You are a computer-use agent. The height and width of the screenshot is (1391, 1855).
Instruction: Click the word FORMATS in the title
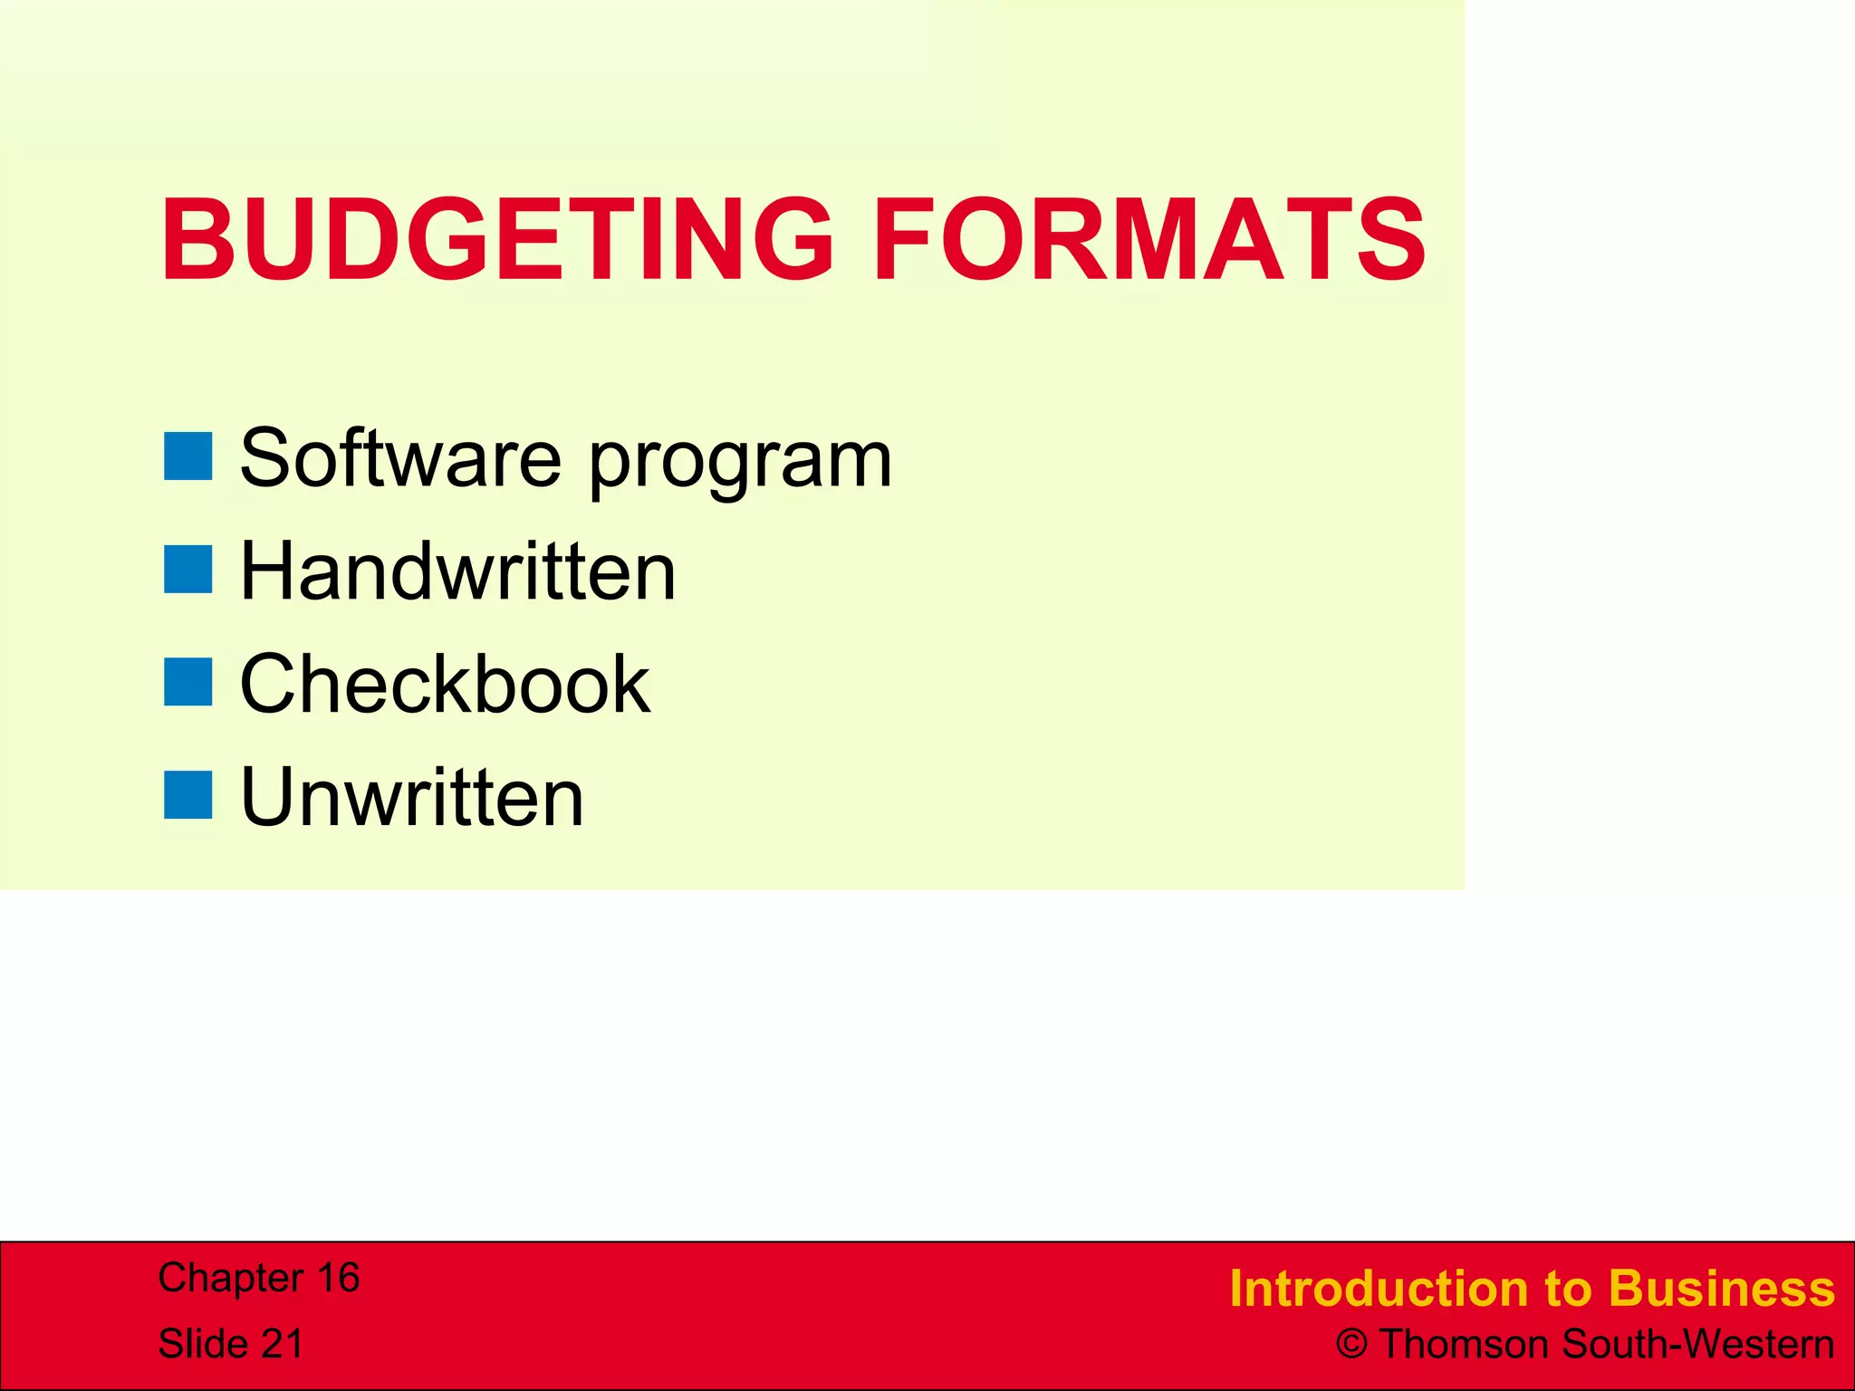pyautogui.click(x=1149, y=240)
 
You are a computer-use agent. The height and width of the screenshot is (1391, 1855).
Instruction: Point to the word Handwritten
pyautogui.click(x=457, y=571)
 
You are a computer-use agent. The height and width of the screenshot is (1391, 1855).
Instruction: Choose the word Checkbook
pyautogui.click(x=445, y=684)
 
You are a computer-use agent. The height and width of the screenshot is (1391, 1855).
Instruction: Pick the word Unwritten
pyautogui.click(x=412, y=797)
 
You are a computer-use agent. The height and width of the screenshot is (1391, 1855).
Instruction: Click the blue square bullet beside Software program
pyautogui.click(x=187, y=456)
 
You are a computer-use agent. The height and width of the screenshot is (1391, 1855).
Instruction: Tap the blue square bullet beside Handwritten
pyautogui.click(x=187, y=569)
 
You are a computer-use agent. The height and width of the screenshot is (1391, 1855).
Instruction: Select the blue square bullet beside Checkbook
pyautogui.click(x=187, y=682)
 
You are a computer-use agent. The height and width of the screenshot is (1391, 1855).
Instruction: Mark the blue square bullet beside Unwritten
pyautogui.click(x=187, y=795)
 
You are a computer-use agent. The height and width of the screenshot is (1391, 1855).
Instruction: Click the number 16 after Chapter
pyautogui.click(x=337, y=1278)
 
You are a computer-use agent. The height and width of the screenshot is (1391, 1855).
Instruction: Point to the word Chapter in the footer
pyautogui.click(x=230, y=1278)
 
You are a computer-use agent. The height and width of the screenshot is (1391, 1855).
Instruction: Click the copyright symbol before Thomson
pyautogui.click(x=1351, y=1345)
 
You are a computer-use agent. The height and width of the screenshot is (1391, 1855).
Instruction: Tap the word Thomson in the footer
pyautogui.click(x=1465, y=1345)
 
